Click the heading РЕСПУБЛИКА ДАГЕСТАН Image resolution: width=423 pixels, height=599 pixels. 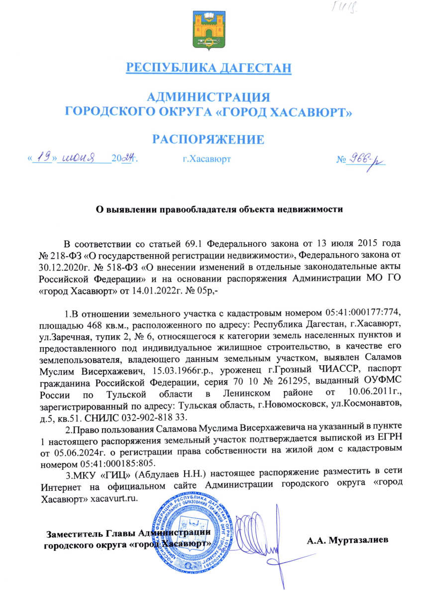(208, 67)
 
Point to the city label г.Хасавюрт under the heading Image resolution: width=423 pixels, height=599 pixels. (207, 160)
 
